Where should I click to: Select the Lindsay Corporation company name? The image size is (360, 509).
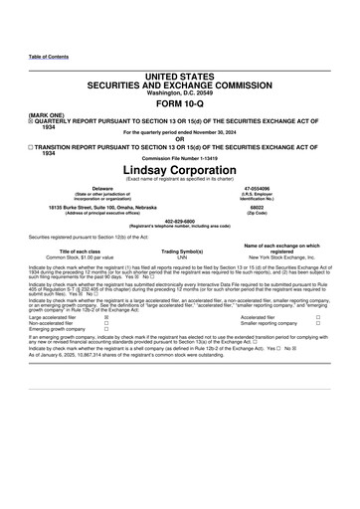click(x=180, y=169)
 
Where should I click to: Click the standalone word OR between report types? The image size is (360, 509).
click(x=180, y=138)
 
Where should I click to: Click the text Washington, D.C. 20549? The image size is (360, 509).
click(x=180, y=92)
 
